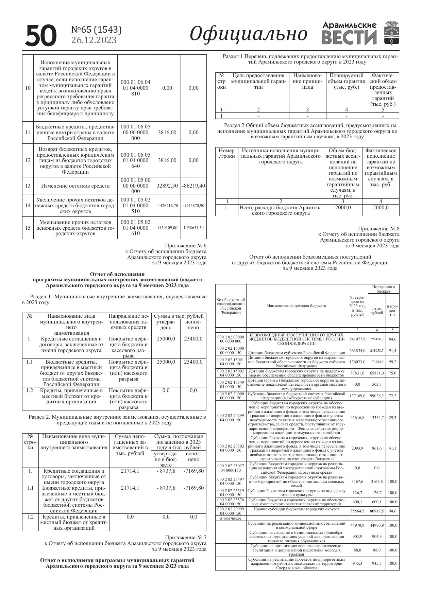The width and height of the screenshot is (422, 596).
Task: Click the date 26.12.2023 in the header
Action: coord(94,40)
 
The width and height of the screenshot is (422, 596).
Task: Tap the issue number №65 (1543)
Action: coord(96,30)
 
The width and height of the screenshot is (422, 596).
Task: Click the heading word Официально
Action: coord(248,34)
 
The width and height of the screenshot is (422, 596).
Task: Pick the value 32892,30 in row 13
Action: coord(167,186)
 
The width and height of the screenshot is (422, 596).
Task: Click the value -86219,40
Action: coord(193,186)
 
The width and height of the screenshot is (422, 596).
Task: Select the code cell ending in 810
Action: coord(135,88)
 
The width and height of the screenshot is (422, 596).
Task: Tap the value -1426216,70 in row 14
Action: coord(167,206)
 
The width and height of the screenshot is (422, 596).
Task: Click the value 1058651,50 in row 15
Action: coord(193,228)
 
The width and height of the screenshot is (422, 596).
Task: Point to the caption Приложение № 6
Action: coord(186,246)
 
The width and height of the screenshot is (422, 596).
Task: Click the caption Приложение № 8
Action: coord(378,229)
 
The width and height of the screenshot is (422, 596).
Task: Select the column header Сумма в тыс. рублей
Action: coord(179,316)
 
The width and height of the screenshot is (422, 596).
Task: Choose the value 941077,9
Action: coord(357,339)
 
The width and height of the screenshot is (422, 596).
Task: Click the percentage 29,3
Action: coord(392,418)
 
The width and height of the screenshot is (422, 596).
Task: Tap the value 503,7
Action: coord(377,384)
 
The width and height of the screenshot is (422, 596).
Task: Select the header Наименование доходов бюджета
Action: coord(296,306)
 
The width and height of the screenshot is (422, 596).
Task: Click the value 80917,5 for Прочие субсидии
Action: coord(377,511)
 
